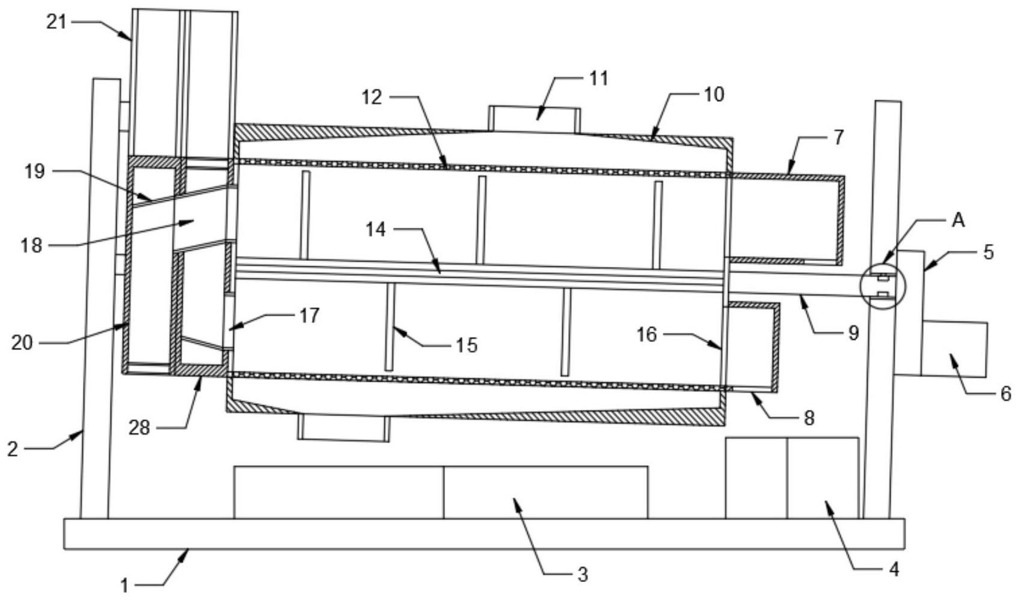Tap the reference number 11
(599, 79)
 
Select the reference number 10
(714, 94)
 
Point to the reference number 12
(372, 97)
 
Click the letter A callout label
(958, 221)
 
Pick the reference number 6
(1005, 394)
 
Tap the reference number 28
(140, 427)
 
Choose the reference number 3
(582, 575)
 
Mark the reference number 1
(124, 585)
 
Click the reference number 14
(376, 229)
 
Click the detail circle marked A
(882, 286)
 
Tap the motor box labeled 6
(954, 349)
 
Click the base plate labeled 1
(484, 534)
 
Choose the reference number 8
(809, 418)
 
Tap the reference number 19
(35, 171)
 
